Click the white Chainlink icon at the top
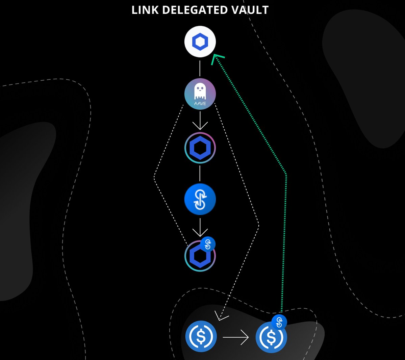pyautogui.click(x=200, y=42)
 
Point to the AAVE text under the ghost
pyautogui.click(x=200, y=103)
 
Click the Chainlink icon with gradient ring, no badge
pyautogui.click(x=200, y=148)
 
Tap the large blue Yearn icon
pyautogui.click(x=200, y=200)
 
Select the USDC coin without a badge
pyautogui.click(x=201, y=336)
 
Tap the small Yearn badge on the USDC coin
pyautogui.click(x=279, y=322)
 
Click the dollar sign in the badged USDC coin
pyautogui.click(x=271, y=337)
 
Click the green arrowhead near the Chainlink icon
pyautogui.click(x=216, y=59)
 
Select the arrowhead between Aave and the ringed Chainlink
pyautogui.click(x=200, y=126)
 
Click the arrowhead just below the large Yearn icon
pyautogui.click(x=200, y=233)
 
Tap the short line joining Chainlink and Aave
pyautogui.click(x=200, y=69)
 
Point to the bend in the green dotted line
pyautogui.click(x=286, y=175)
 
